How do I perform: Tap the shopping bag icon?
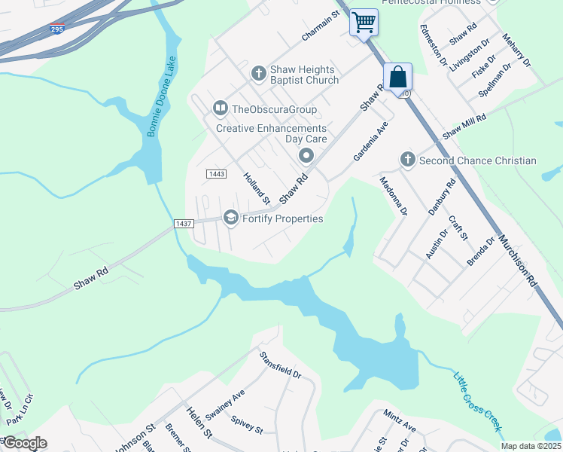coord(397,76)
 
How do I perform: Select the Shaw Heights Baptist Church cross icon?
coord(258,73)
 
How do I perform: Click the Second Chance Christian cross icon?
coord(407,160)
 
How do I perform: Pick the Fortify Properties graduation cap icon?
coord(230,218)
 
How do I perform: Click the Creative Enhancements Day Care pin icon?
coord(306,156)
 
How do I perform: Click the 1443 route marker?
coord(215,174)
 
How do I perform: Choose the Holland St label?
coord(256,188)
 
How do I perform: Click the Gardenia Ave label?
coord(370,141)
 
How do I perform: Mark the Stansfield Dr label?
coord(280,364)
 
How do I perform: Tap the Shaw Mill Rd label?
coord(464,126)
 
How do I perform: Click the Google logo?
coord(24,443)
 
